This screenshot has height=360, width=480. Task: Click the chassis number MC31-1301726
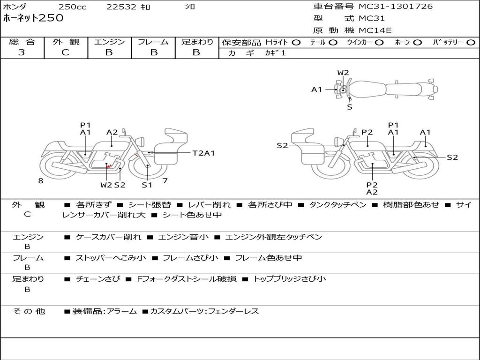coord(396,7)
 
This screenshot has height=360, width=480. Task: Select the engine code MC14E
coord(375,30)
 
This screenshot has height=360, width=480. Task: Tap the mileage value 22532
coord(121,7)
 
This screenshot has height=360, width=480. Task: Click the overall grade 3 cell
coord(22,52)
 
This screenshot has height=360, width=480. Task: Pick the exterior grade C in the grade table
coord(66,52)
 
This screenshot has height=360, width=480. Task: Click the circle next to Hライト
coord(296,43)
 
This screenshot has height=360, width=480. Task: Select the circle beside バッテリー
coord(471,43)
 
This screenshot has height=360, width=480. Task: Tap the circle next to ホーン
coord(418,43)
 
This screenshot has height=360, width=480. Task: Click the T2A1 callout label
coord(203,153)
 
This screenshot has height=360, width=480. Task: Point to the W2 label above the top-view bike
coord(343,73)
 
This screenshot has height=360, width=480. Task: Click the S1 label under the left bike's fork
coord(147,185)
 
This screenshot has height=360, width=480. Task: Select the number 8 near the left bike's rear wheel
coord(41,180)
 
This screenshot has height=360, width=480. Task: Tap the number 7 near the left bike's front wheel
coord(165,180)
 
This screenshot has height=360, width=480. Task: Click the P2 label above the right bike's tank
coord(367,132)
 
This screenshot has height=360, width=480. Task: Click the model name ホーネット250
coord(33,18)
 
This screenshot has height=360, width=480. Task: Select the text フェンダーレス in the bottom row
coord(233,311)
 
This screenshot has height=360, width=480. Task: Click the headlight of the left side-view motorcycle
coord(141,142)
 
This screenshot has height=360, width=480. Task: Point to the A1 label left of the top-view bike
coord(317,90)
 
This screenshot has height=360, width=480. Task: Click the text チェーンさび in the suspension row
coord(98,279)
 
